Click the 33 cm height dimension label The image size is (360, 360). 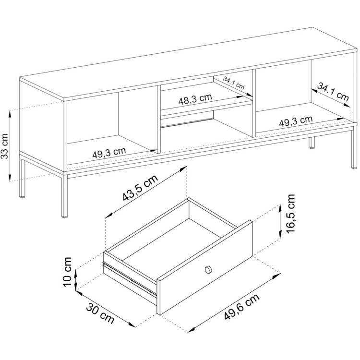[x=5, y=146]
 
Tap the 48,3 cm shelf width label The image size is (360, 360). [x=195, y=99]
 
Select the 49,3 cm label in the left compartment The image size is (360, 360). [x=109, y=153]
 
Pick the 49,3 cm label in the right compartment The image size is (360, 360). [x=296, y=121]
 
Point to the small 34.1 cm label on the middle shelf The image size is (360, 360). [x=234, y=83]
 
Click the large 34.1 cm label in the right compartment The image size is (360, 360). [x=333, y=92]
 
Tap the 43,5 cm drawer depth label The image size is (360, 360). [x=140, y=188]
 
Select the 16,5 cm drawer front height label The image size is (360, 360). [x=290, y=214]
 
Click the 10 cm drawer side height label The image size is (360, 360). [x=67, y=272]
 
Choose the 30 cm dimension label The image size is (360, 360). [x=100, y=313]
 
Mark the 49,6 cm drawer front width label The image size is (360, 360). [x=242, y=307]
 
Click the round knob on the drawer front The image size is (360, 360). [x=208, y=270]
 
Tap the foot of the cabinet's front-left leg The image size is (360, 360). [x=64, y=216]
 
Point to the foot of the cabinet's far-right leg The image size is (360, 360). [x=354, y=168]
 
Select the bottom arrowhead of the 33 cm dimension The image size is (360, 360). [x=10, y=178]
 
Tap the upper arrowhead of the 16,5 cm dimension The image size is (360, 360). [x=280, y=208]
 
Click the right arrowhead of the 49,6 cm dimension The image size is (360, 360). [x=277, y=275]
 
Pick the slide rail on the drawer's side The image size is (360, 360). [x=129, y=278]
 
